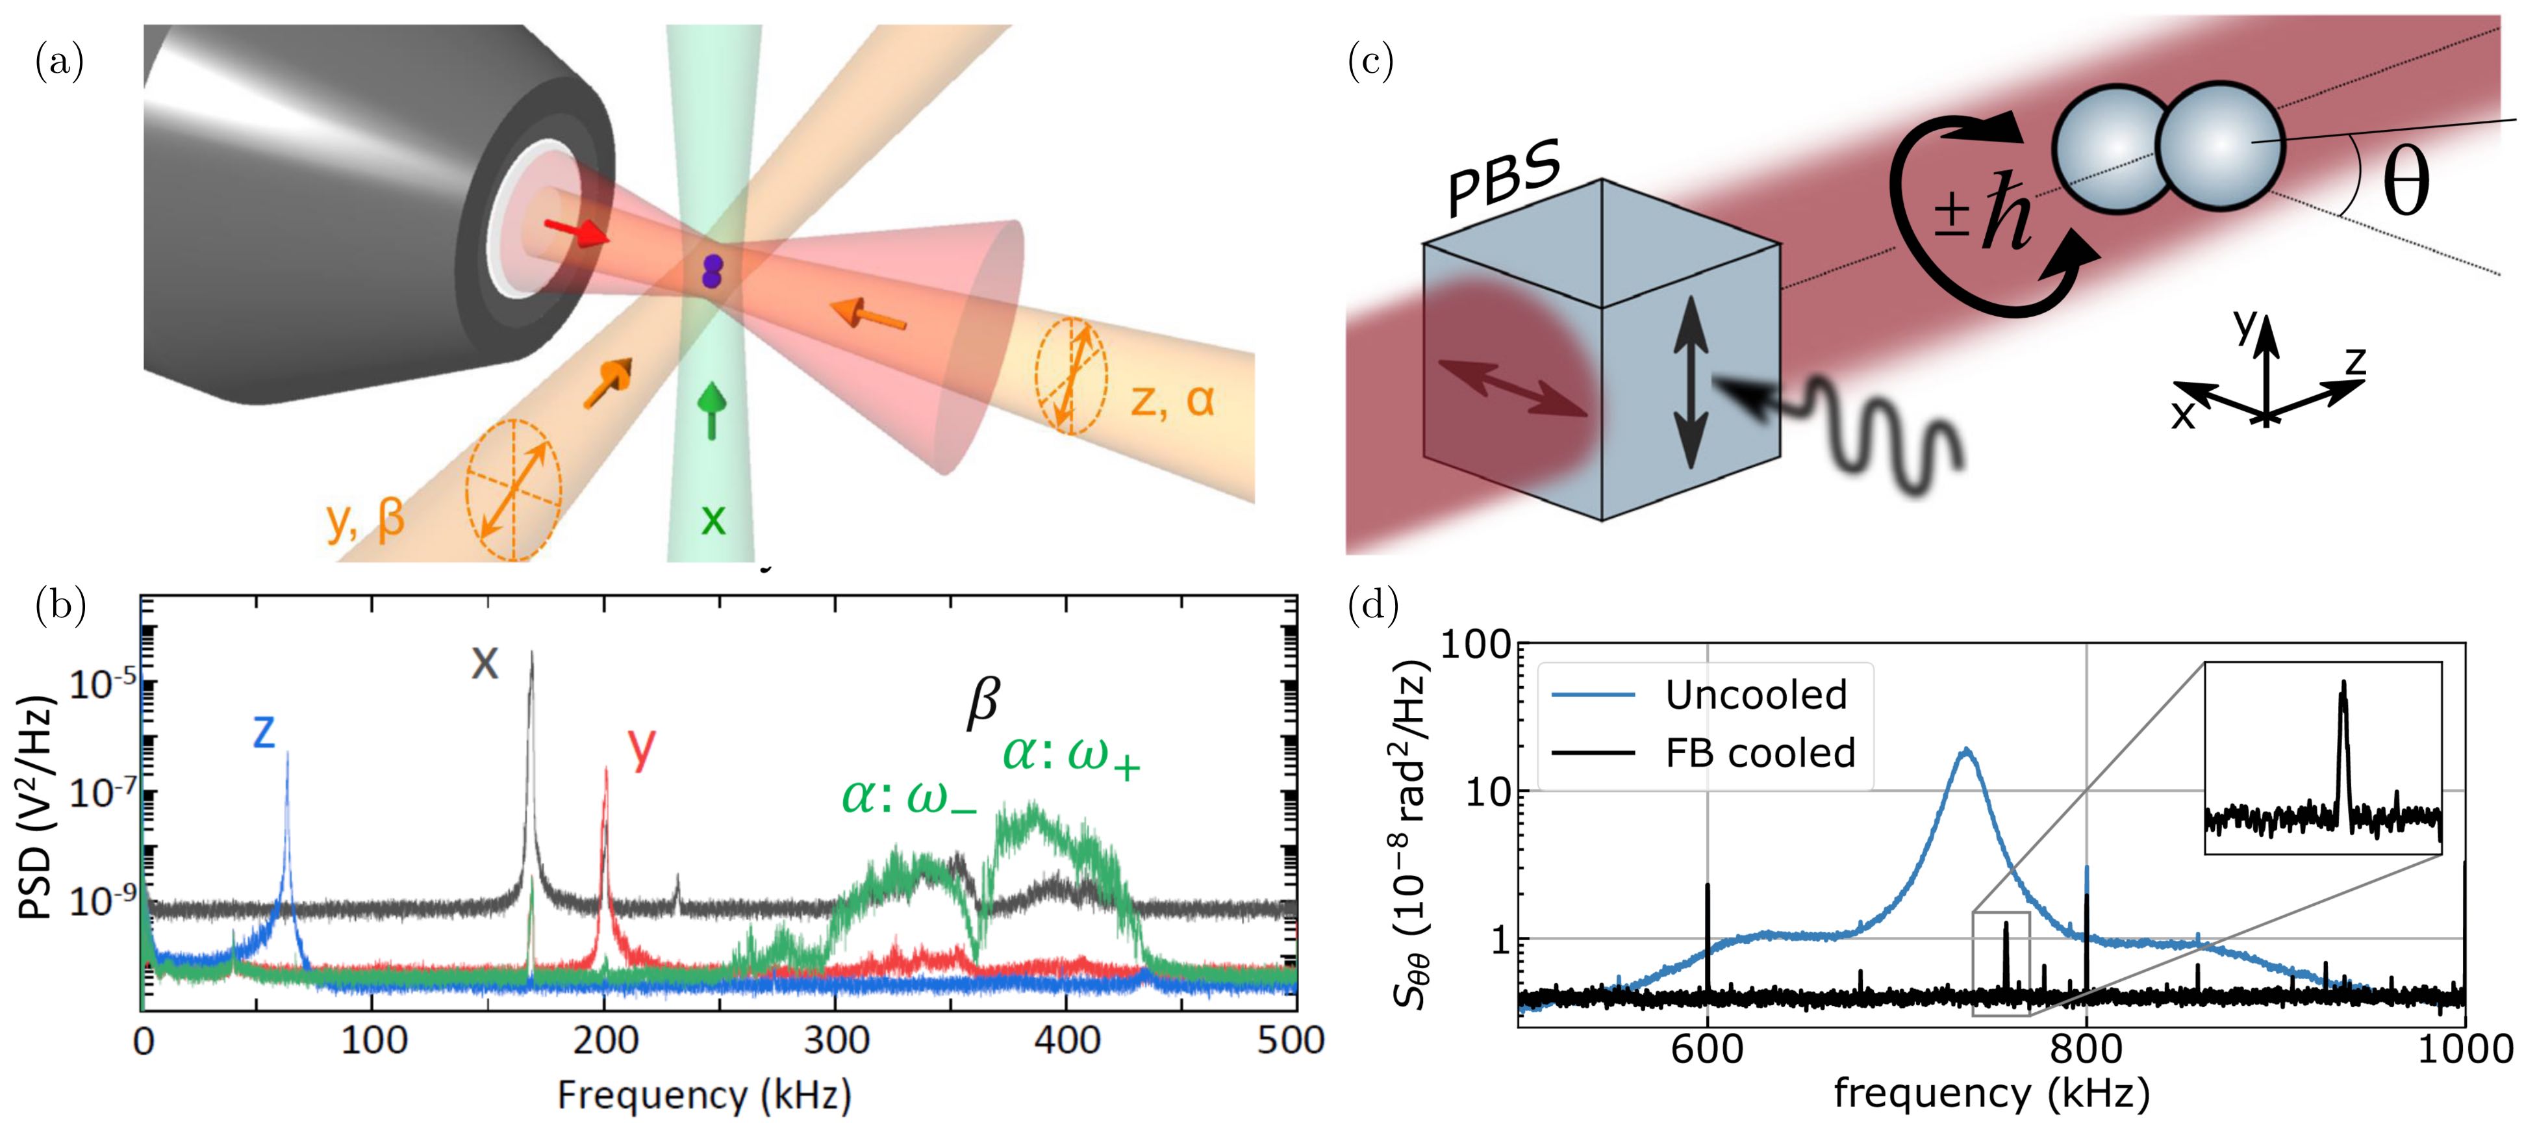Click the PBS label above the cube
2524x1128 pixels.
[x=1504, y=179]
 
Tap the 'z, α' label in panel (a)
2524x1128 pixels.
[x=1172, y=400]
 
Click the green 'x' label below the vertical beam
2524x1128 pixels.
[x=713, y=519]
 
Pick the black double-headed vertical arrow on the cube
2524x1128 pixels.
[x=1690, y=395]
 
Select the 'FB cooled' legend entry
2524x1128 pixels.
[x=1760, y=752]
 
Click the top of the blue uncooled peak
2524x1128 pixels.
[x=1965, y=750]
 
